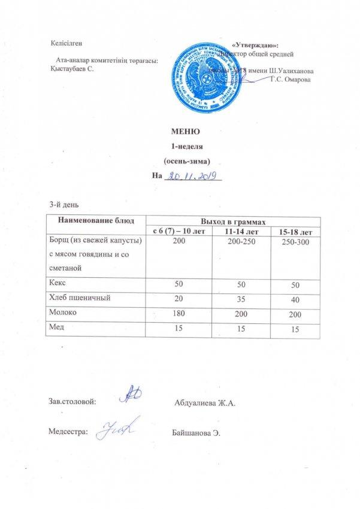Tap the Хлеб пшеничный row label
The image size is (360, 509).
click(x=78, y=296)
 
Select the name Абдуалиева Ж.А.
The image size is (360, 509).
click(x=205, y=401)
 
